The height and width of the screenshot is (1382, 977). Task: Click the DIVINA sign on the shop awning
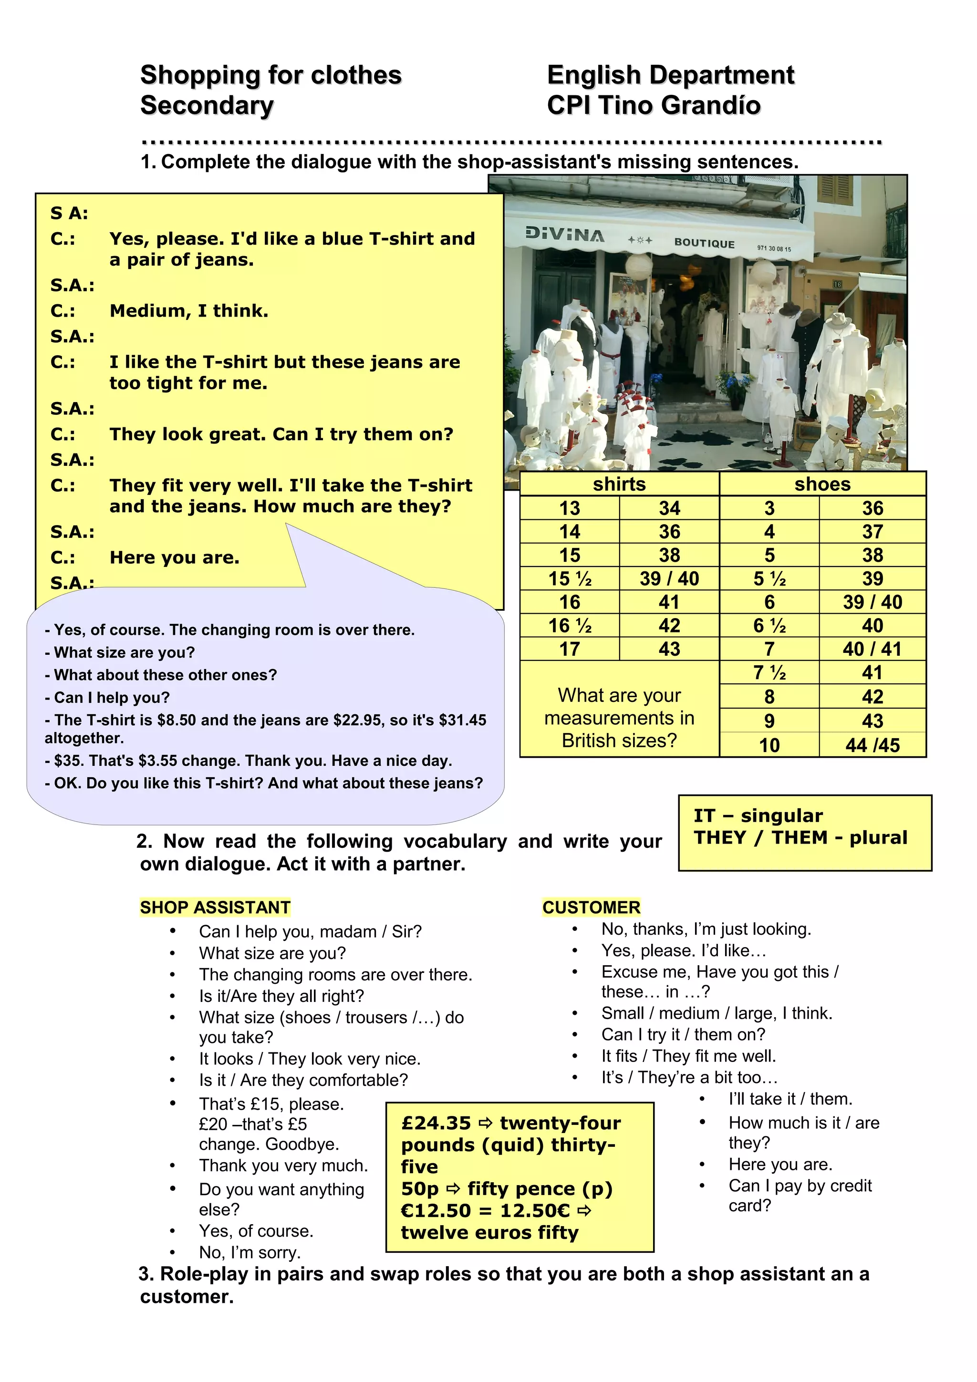pyautogui.click(x=564, y=234)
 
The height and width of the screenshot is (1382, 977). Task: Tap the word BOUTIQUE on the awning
pyautogui.click(x=704, y=243)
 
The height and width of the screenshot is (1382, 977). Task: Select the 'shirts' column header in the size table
pyautogui.click(x=619, y=484)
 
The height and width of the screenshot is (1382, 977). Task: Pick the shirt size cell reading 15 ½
pyautogui.click(x=570, y=578)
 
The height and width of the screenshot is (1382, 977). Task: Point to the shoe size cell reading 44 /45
pyautogui.click(x=872, y=745)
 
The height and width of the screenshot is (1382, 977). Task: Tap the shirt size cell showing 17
pyautogui.click(x=570, y=649)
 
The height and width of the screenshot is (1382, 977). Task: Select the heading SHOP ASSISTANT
pyautogui.click(x=215, y=907)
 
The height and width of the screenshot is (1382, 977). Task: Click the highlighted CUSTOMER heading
pyautogui.click(x=591, y=907)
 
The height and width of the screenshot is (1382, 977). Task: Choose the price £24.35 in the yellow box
pyautogui.click(x=436, y=1123)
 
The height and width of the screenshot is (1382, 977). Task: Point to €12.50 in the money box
pyautogui.click(x=436, y=1210)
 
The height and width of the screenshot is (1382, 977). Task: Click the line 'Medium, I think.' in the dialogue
pyautogui.click(x=188, y=310)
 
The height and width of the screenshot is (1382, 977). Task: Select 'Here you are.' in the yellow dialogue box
pyautogui.click(x=174, y=557)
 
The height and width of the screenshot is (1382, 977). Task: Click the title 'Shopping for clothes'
pyautogui.click(x=270, y=75)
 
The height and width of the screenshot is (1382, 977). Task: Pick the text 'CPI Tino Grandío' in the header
pyautogui.click(x=653, y=105)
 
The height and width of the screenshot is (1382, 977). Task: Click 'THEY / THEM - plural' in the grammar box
pyautogui.click(x=800, y=837)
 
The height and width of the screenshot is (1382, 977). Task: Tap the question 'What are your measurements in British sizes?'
pyautogui.click(x=619, y=718)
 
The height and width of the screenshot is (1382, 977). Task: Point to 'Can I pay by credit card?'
pyautogui.click(x=800, y=1196)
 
